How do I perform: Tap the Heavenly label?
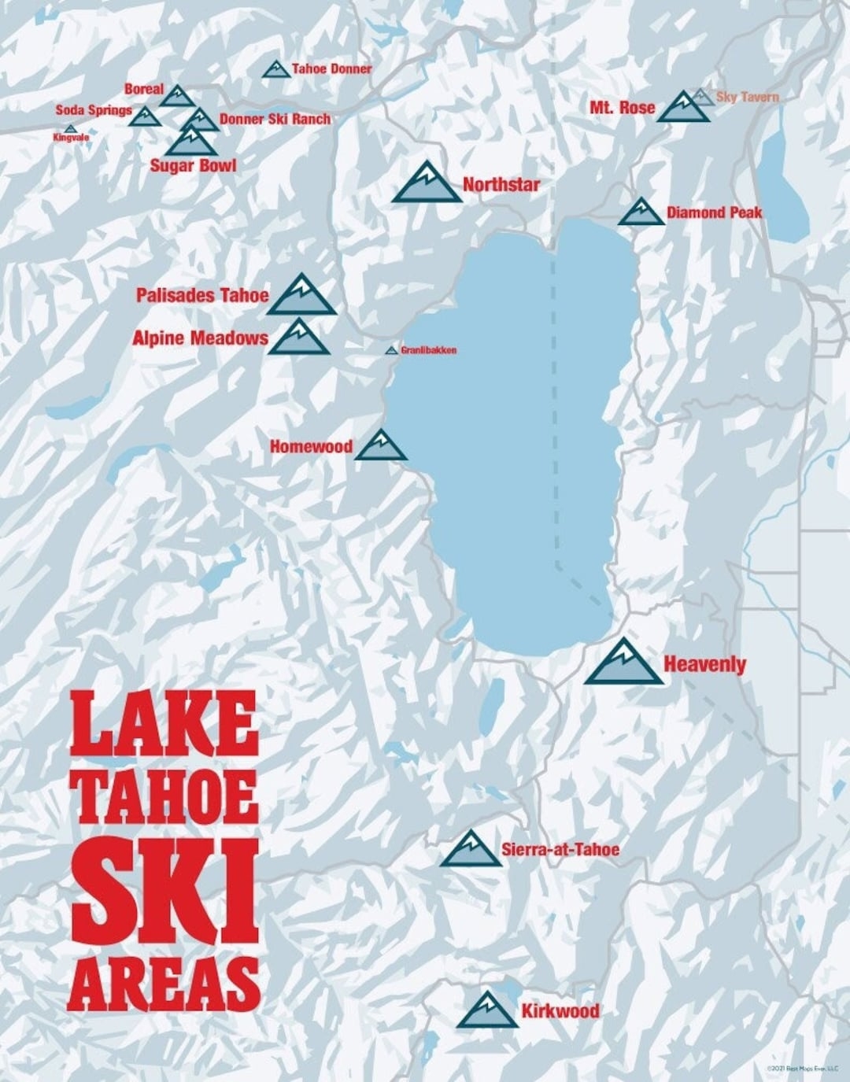[x=704, y=664]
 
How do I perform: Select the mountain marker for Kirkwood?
[x=487, y=1012]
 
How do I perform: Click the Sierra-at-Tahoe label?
[x=560, y=850]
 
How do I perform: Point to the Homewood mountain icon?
[x=381, y=447]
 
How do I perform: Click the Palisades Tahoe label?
[x=202, y=296]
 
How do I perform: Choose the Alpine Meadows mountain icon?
[x=298, y=339]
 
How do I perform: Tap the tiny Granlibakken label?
[x=428, y=350]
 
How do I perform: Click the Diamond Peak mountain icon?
[x=641, y=213]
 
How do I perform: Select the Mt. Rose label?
[x=622, y=108]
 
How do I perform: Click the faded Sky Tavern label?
[x=747, y=98]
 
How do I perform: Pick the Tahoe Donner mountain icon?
[x=275, y=70]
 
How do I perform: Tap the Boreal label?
[x=143, y=90]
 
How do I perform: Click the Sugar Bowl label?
[x=193, y=166]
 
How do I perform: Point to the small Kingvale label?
[x=71, y=138]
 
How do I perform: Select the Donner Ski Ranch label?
[x=275, y=120]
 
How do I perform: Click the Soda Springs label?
[x=93, y=110]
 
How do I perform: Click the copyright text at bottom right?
[x=802, y=1068]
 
